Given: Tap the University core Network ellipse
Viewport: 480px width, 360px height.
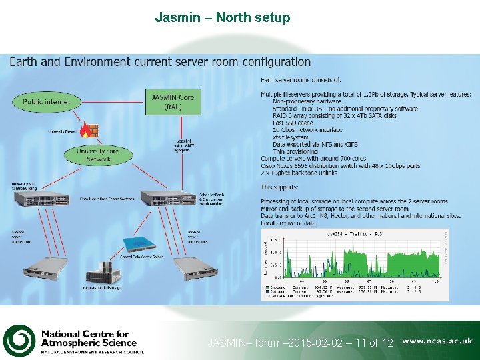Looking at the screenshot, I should tap(97, 155).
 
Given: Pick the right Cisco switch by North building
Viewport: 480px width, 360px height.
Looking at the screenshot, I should tap(167, 197).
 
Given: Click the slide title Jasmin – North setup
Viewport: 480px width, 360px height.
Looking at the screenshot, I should tap(223, 17).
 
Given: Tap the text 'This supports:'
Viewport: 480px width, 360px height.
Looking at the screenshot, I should tap(285, 187).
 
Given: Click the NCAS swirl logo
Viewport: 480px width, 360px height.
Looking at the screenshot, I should tap(19, 341).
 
